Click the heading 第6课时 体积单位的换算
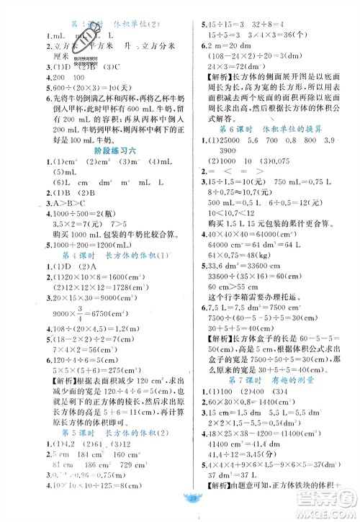(270, 127)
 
